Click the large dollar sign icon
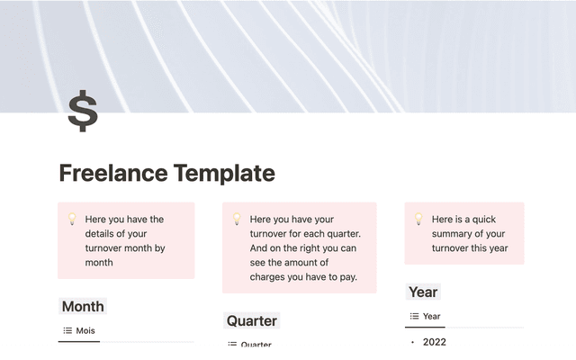pos(83,112)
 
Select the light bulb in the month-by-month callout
pos(71,219)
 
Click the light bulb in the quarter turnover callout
pos(236,219)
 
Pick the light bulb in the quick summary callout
pos(418,219)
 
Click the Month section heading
pos(83,306)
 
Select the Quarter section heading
pos(252,320)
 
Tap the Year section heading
pos(423,292)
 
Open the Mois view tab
pos(85,330)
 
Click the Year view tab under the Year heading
pos(431,316)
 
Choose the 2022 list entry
pos(434,342)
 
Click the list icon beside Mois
pos(67,330)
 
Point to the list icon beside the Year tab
pos(414,316)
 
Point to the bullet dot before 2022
pos(412,343)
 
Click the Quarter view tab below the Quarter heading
pos(256,345)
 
